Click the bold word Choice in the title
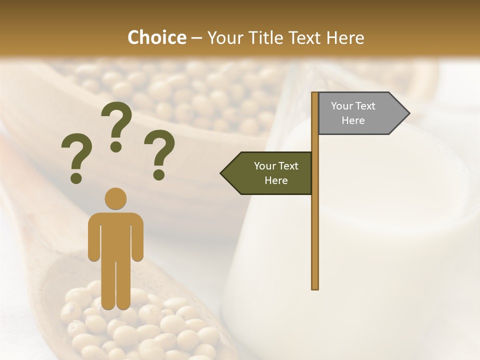click(x=156, y=37)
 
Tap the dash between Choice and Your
click(x=196, y=38)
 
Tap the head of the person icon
click(x=115, y=198)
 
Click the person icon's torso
click(x=115, y=235)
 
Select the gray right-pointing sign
click(x=360, y=113)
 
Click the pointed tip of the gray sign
click(x=407, y=113)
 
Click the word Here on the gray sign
click(x=353, y=120)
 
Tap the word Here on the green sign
click(x=276, y=180)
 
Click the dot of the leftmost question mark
click(x=76, y=177)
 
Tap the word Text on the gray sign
click(x=365, y=106)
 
